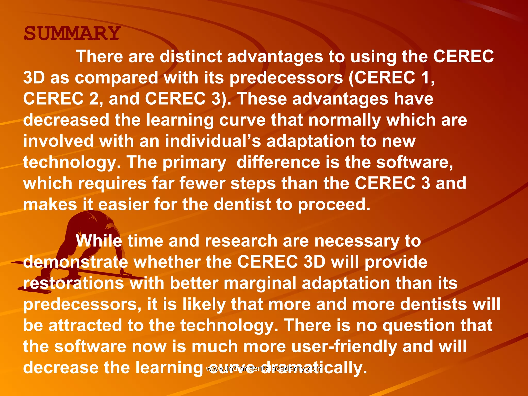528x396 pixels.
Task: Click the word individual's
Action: [x=213, y=141]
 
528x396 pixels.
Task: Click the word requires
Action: [x=112, y=183]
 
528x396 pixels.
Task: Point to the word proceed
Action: [x=334, y=204]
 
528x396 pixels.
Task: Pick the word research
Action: [x=241, y=241]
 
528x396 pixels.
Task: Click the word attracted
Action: [x=85, y=325]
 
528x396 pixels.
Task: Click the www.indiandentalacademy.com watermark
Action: [x=264, y=369]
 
